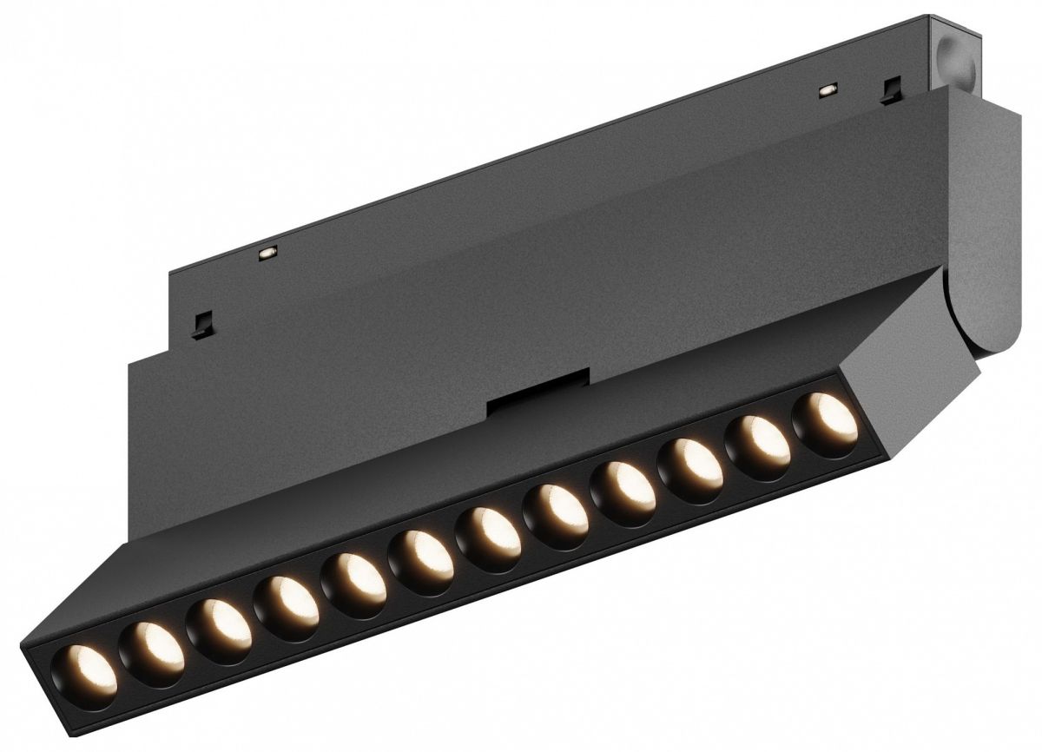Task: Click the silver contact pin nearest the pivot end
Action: pyautogui.click(x=828, y=89)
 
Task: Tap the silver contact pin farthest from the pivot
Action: pyautogui.click(x=267, y=252)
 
